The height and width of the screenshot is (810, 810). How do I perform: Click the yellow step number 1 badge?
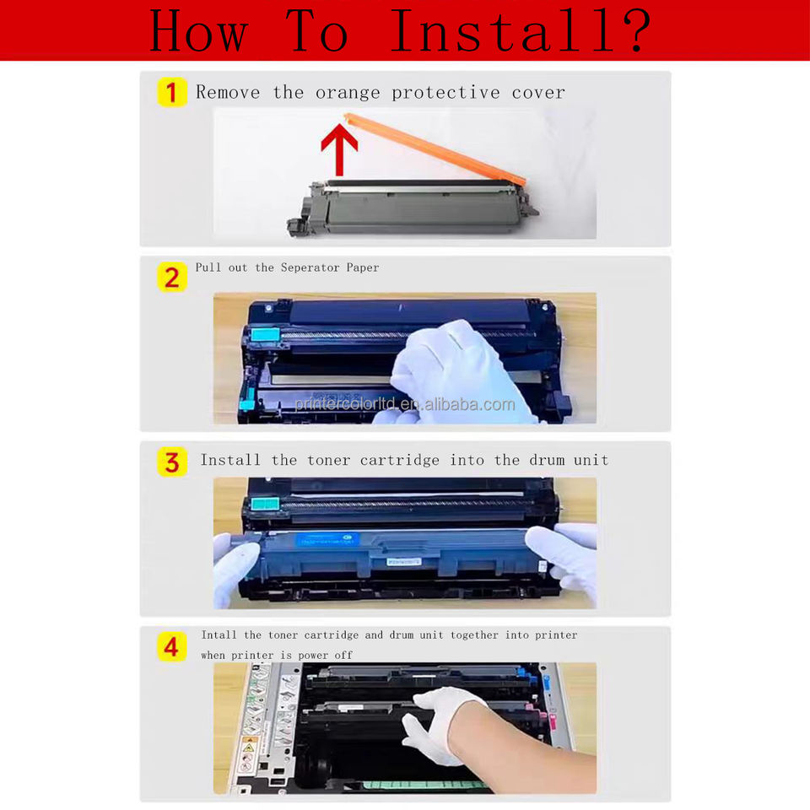tap(172, 93)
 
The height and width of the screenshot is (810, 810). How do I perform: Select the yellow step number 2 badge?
tap(172, 278)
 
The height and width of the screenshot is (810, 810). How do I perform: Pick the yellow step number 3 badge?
tap(172, 462)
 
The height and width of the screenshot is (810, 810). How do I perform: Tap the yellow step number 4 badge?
tap(172, 647)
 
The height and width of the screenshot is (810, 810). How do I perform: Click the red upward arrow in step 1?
tap(339, 150)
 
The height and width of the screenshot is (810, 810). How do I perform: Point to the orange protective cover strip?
tap(435, 148)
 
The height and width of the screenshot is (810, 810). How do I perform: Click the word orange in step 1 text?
tap(348, 93)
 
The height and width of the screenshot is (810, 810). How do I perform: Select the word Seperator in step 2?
tap(310, 267)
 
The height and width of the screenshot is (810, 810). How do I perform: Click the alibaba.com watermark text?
tap(405, 404)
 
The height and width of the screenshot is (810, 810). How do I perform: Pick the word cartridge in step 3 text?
tap(399, 460)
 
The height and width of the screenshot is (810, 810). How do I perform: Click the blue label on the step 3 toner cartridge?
tap(327, 540)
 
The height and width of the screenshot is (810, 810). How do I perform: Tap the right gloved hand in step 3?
tap(562, 560)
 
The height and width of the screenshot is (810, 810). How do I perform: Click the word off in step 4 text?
tap(343, 655)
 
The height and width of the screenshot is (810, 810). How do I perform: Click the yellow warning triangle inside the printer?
tap(249, 748)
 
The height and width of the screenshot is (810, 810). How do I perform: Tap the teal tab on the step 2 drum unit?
tap(265, 335)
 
